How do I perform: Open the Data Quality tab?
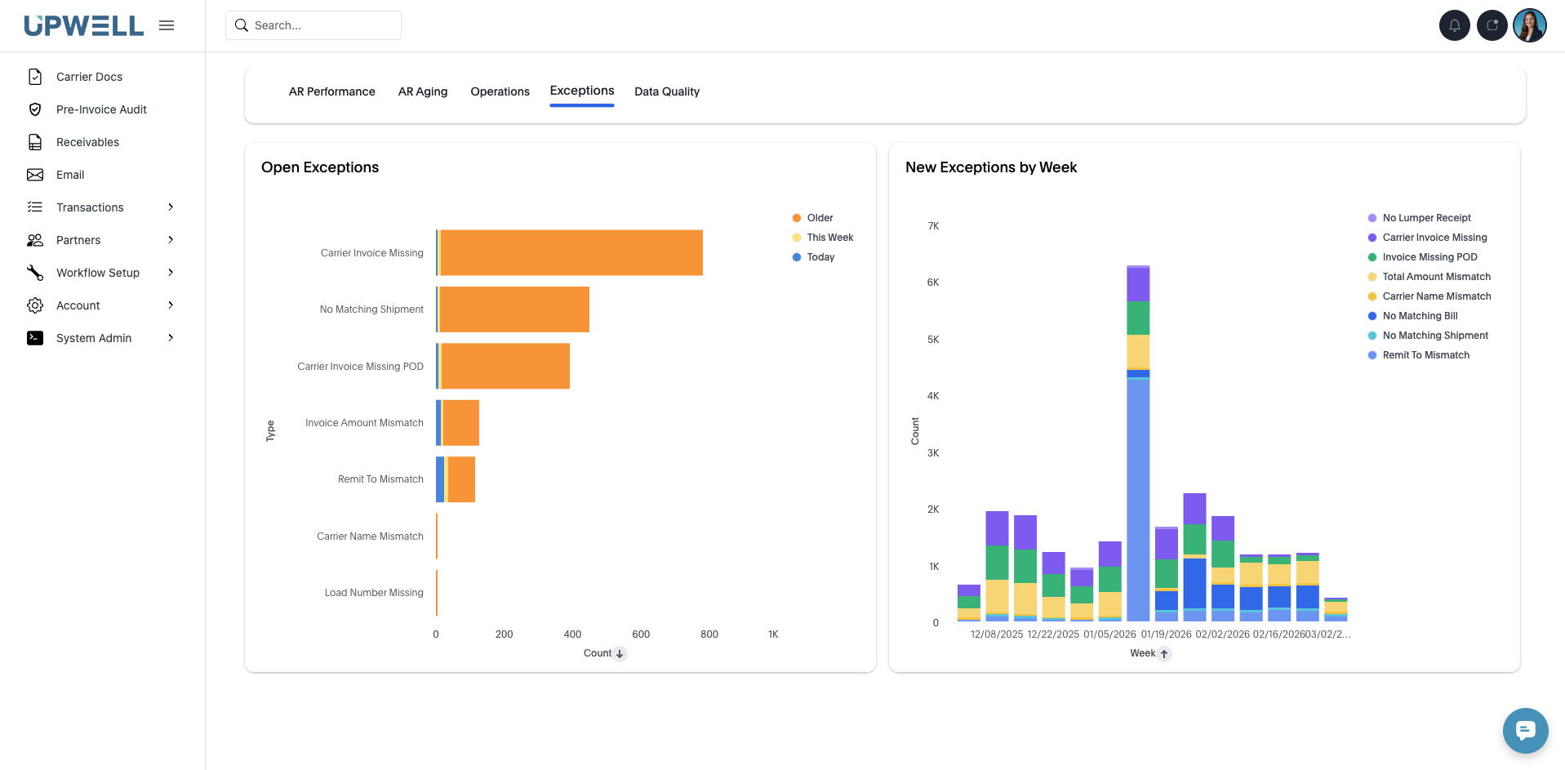pos(666,91)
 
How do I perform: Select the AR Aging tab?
pos(422,91)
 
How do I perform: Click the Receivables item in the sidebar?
pos(87,142)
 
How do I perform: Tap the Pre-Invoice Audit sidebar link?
pos(101,109)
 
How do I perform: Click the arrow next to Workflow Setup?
pos(171,273)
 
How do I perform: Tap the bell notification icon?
pos(1454,25)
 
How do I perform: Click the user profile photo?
pos(1529,25)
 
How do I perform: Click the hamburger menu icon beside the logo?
pos(167,25)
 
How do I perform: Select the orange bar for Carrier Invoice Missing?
pos(571,253)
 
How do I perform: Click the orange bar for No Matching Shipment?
pos(514,309)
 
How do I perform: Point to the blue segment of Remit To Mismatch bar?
pos(440,479)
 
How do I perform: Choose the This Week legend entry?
pos(829,238)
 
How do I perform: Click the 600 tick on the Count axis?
pos(641,634)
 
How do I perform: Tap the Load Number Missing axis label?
pos(374,593)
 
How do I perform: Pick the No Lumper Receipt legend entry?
pos(1426,218)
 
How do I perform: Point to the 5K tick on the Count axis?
pos(933,340)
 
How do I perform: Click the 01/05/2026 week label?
pos(1109,634)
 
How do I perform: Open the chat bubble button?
pos(1525,730)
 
